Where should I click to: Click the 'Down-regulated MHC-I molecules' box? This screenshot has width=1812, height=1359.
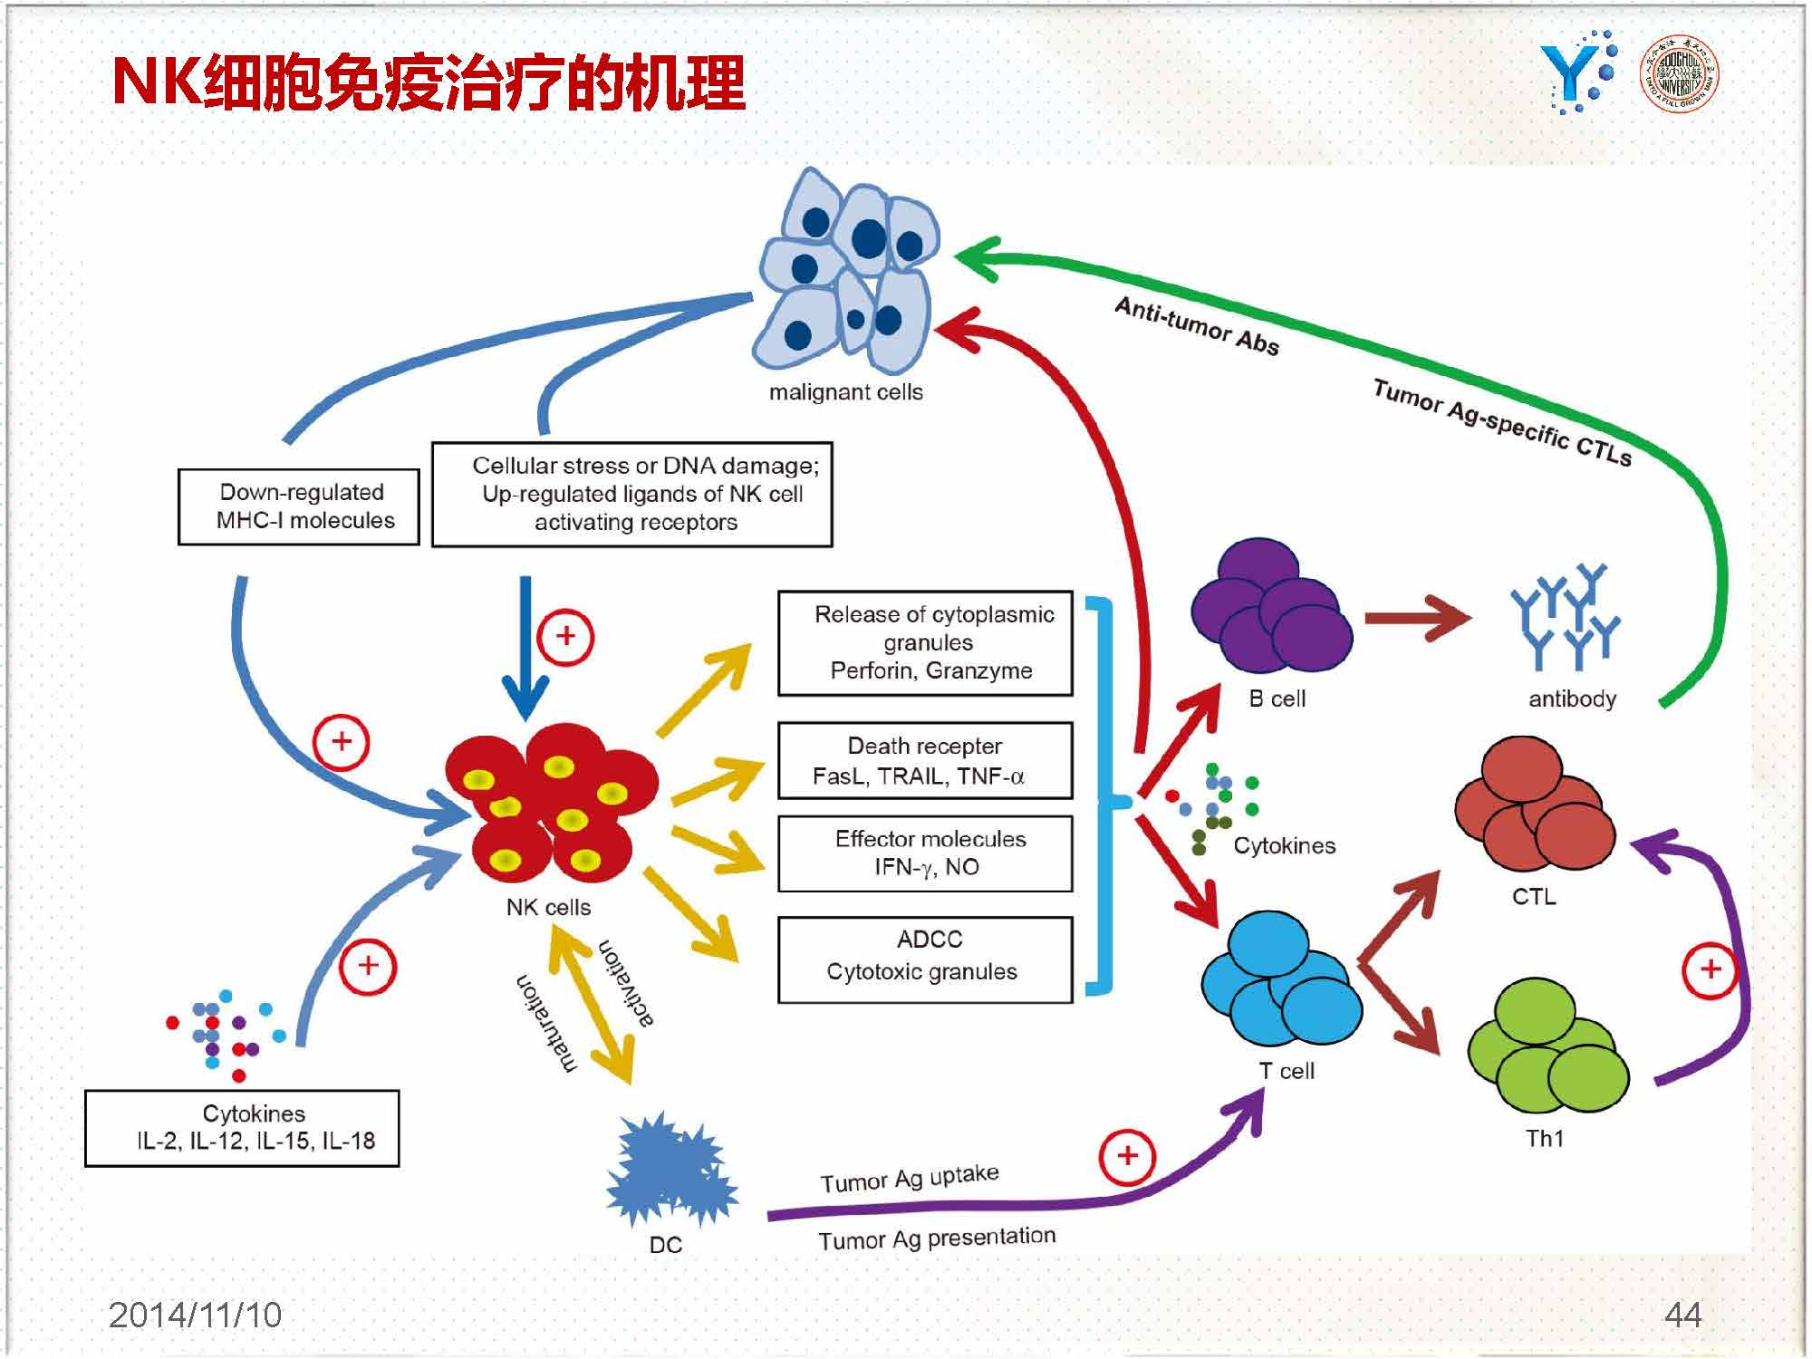pyautogui.click(x=298, y=506)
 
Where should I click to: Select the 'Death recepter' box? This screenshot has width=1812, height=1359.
pyautogui.click(x=925, y=760)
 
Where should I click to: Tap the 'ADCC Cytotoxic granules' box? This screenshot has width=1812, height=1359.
pyautogui.click(x=925, y=959)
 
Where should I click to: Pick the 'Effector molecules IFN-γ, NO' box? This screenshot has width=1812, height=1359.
pyautogui.click(x=925, y=853)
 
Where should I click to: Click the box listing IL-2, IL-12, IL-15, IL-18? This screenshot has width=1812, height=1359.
pyautogui.click(x=242, y=1128)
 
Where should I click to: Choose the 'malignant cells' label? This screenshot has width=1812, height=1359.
pyautogui.click(x=845, y=392)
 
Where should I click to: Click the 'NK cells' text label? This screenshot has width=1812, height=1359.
pyautogui.click(x=548, y=907)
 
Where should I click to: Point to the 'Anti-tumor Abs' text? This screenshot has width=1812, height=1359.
pyautogui.click(x=1196, y=326)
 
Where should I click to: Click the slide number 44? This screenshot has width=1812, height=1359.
pyautogui.click(x=1682, y=1315)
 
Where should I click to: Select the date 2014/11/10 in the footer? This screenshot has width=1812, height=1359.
pyautogui.click(x=195, y=1315)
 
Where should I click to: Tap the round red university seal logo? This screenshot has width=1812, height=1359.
pyautogui.click(x=1679, y=73)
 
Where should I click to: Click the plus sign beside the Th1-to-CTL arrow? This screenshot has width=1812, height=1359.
pyautogui.click(x=1710, y=969)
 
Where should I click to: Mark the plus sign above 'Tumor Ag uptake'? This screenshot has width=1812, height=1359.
pyautogui.click(x=1127, y=1156)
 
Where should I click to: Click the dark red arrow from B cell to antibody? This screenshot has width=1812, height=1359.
pyautogui.click(x=1416, y=619)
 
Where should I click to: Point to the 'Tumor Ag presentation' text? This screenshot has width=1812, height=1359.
pyautogui.click(x=937, y=1239)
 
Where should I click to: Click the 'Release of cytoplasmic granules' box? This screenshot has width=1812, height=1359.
pyautogui.click(x=925, y=643)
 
